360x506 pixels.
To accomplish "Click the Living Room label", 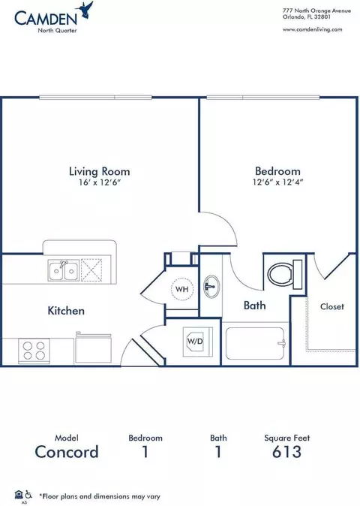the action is point(100,171).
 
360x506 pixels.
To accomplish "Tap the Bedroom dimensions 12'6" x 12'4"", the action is point(278,182).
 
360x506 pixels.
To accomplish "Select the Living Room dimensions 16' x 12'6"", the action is point(100,182).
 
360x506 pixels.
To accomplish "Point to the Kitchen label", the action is point(66,311).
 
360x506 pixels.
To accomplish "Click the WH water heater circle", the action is point(182,289).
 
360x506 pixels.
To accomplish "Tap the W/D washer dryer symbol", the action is point(195,342).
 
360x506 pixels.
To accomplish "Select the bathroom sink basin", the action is point(211,286).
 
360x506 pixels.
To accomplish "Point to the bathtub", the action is point(255,343).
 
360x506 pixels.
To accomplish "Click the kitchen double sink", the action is point(64,270).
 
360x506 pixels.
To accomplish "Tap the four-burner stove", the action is point(34,351).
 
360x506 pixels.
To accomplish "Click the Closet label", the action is point(332,306).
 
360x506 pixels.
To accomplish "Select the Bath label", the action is point(254,306).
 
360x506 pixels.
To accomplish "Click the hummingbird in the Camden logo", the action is point(85,10).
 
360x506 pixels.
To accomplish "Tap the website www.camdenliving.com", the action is point(312,29).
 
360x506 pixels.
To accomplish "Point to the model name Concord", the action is point(67,452).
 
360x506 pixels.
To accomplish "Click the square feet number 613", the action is point(286,452).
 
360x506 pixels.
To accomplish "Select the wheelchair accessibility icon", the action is point(28,494).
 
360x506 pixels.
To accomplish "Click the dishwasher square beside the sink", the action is point(91,270).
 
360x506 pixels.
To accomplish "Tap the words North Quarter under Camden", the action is point(57,31).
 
